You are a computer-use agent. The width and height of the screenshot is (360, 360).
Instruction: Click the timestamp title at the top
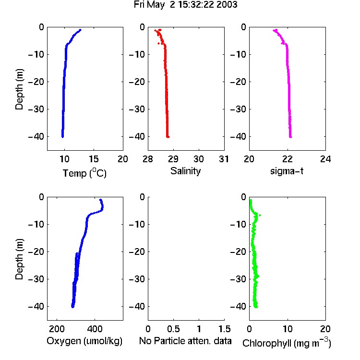point(185,5)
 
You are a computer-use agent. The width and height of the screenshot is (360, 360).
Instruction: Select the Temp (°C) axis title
point(84,173)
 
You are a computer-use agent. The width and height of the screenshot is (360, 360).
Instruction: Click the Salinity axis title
point(185,171)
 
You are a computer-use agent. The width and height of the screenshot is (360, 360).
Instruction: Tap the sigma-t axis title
point(287,171)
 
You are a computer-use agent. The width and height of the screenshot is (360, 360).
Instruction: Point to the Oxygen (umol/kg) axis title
point(84,341)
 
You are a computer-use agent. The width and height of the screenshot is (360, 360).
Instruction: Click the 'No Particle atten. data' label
point(185,341)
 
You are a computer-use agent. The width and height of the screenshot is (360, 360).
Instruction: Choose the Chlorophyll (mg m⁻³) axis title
point(287,343)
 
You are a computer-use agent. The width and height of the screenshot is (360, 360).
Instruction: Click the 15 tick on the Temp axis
point(94,159)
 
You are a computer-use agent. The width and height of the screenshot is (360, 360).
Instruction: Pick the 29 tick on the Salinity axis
point(173,159)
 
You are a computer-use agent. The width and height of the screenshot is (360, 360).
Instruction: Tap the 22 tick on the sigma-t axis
point(287,159)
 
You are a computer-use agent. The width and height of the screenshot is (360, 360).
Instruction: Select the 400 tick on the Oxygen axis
point(95,329)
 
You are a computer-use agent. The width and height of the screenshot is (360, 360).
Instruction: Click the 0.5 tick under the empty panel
point(173,329)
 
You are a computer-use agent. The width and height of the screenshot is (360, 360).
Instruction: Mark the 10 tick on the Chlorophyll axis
point(287,329)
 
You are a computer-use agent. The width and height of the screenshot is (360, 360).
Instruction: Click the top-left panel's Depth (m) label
point(19,89)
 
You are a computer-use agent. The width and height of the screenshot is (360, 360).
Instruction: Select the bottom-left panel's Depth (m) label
point(19,259)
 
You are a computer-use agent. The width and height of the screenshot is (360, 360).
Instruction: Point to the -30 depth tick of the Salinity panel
point(137,109)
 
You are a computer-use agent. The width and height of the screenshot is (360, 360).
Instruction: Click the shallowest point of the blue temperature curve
point(80,30)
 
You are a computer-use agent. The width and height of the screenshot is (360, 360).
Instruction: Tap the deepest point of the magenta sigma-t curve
point(291,137)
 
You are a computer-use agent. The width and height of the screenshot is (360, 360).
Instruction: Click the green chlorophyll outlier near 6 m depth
point(260,215)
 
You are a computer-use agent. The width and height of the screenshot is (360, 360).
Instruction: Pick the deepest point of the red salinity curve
point(168,137)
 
